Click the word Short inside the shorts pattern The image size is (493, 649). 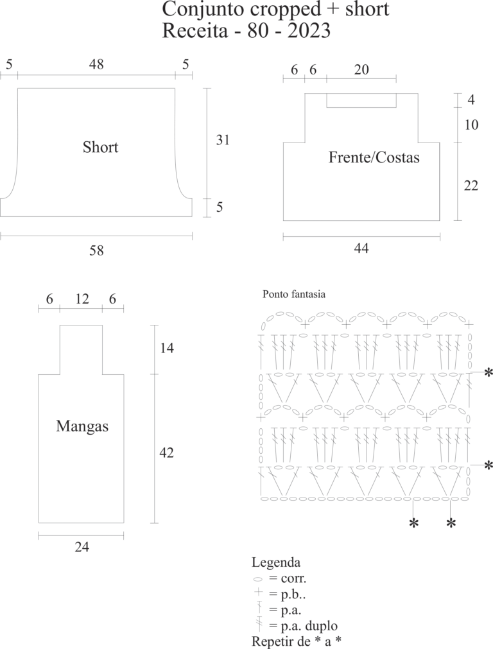pyautogui.click(x=100, y=147)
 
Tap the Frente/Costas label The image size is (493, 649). pyautogui.click(x=374, y=157)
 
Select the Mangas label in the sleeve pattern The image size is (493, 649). pyautogui.click(x=82, y=426)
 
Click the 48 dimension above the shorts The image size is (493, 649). pyautogui.click(x=96, y=64)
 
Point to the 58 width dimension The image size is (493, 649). pyautogui.click(x=96, y=250)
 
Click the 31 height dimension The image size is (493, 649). pyautogui.click(x=223, y=140)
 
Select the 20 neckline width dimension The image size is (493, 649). pyautogui.click(x=361, y=69)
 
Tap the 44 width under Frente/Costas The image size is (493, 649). pyautogui.click(x=361, y=248)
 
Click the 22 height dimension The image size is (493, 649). pyautogui.click(x=471, y=186)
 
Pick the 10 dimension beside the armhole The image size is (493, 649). pyautogui.click(x=471, y=125)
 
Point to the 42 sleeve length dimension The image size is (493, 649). pyautogui.click(x=166, y=453)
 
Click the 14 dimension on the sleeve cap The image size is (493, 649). pyautogui.click(x=167, y=348)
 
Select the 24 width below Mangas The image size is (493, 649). pyautogui.click(x=82, y=547)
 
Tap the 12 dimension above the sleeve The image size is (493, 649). pyautogui.click(x=82, y=299)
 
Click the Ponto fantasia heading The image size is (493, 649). pyautogui.click(x=294, y=294)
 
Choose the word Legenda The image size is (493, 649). pyautogui.click(x=276, y=562)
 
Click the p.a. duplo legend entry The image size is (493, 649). pyautogui.click(x=303, y=626)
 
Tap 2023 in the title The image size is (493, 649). pyautogui.click(x=309, y=31)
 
